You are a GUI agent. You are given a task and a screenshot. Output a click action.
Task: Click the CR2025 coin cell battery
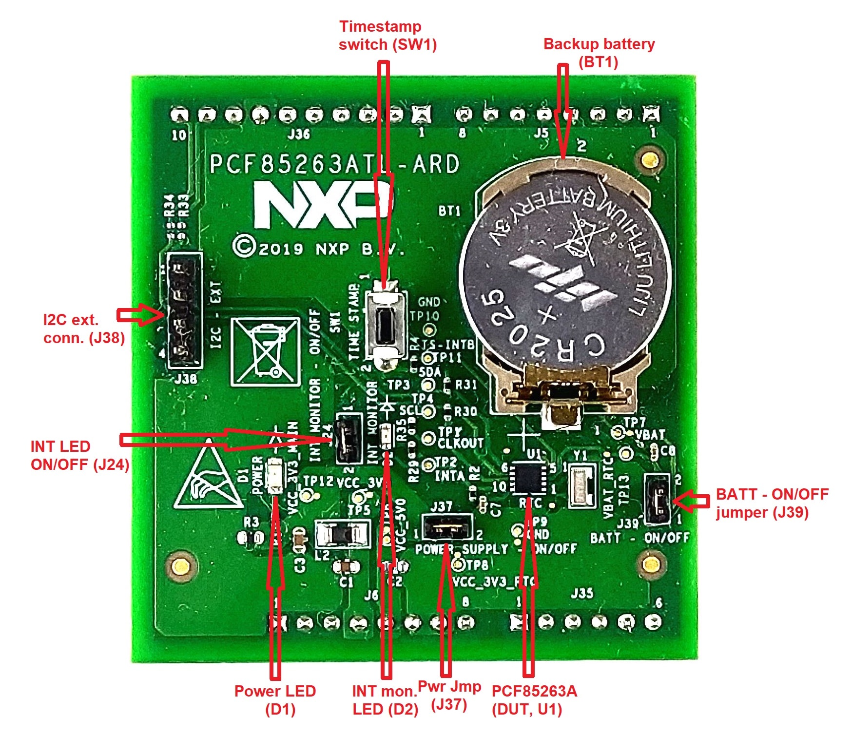coord(565,283)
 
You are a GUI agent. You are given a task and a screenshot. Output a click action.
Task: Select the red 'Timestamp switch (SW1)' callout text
coord(387,36)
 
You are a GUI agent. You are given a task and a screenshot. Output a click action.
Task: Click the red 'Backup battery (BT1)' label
coord(599,53)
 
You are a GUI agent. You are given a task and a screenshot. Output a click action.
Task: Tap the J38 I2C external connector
coord(184,310)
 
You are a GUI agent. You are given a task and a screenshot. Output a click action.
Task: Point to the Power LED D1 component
coord(274,474)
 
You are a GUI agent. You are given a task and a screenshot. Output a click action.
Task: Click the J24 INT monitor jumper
coord(348,438)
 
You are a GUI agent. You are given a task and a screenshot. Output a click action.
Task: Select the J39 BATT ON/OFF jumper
coord(658,500)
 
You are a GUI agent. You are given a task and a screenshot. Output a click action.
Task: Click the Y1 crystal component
coord(582,486)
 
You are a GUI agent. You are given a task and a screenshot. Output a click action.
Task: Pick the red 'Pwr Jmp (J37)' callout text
coord(449,696)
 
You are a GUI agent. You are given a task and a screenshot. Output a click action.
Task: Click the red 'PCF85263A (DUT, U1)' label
coord(534,700)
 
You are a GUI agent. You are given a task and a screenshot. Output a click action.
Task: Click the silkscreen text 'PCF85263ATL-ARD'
coord(334,164)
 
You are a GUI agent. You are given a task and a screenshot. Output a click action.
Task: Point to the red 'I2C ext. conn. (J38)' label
coord(84,329)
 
